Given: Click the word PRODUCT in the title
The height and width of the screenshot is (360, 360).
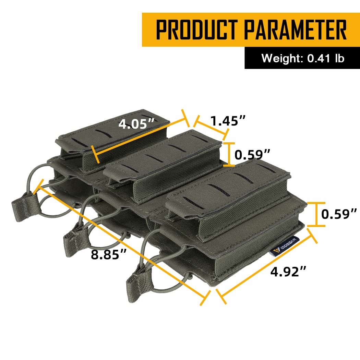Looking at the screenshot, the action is click(x=196, y=29).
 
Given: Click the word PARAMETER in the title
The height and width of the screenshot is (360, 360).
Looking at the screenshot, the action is click(x=295, y=29).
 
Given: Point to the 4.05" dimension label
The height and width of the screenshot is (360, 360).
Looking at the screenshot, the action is click(x=136, y=124).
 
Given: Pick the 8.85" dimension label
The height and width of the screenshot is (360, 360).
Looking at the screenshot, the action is click(x=109, y=254).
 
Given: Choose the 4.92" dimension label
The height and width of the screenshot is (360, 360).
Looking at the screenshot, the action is click(x=288, y=272).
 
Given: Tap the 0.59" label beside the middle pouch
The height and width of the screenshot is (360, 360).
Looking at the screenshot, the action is click(x=252, y=155).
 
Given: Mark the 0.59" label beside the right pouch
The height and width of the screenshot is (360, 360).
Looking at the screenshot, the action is click(x=339, y=214).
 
